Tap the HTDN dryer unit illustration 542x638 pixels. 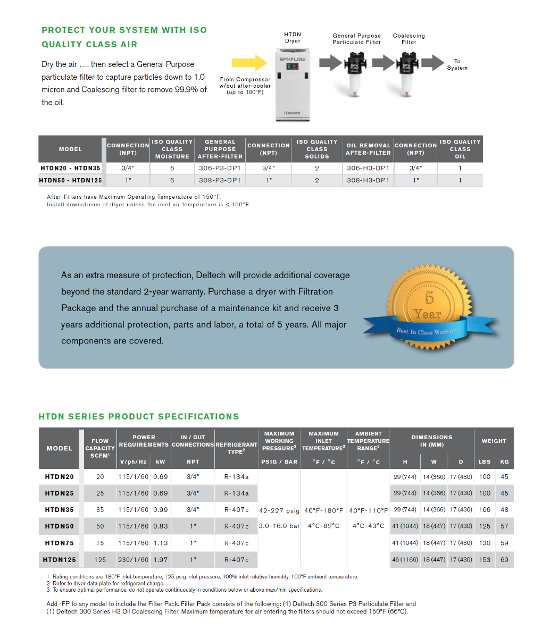pos(292,85)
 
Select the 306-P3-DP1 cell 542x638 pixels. pos(220,168)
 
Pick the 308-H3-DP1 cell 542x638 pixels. pos(368,180)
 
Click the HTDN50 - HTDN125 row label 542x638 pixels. pos(70,180)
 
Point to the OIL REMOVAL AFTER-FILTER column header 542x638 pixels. pos(368,149)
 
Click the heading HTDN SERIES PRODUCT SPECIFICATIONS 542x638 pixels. pos(139,416)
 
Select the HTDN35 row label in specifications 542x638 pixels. pos(60,510)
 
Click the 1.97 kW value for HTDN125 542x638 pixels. pos(161,559)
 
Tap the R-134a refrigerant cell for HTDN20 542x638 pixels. pos(236,477)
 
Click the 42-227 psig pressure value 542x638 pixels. pos(279,511)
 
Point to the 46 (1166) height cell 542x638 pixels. pos(405,559)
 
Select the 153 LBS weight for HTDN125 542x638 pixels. pos(485,559)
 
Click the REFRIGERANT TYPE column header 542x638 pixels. pos(236,448)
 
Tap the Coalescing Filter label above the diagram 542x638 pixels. pos(408,39)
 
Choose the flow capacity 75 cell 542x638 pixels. pos(100,543)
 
